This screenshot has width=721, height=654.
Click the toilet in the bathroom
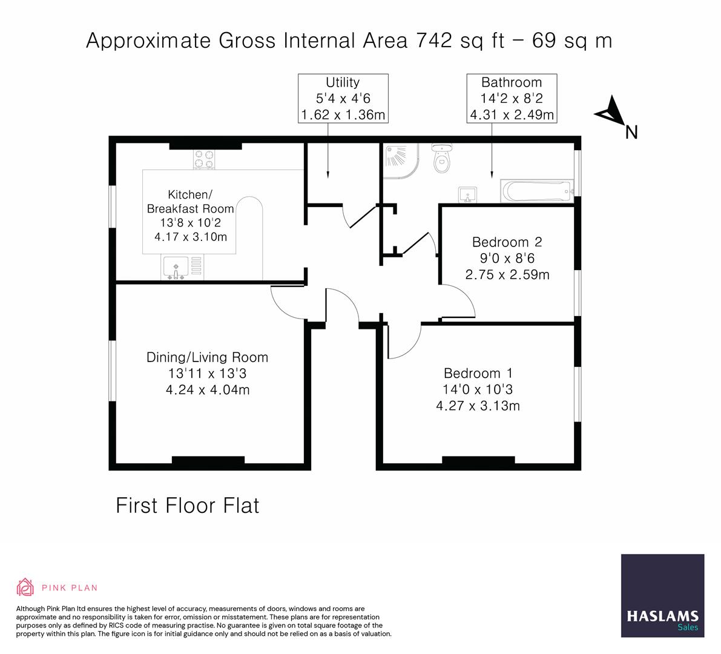[x=441, y=159]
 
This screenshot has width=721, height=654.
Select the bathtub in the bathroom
[x=536, y=192]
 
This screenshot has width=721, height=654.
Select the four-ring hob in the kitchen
[x=204, y=159]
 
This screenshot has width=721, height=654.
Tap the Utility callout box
[x=343, y=99]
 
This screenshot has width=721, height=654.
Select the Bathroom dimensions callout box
[x=512, y=99]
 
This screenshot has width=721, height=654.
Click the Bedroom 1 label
[x=478, y=373]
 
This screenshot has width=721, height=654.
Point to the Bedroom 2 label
[x=507, y=242]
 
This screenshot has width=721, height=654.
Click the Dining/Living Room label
[x=207, y=357]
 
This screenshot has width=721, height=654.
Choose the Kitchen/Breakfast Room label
[x=190, y=202]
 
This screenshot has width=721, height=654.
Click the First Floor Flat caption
[x=187, y=505]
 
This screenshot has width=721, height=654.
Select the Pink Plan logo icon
[x=25, y=587]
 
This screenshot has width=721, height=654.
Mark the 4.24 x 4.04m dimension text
[x=207, y=390]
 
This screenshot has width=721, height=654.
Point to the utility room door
[x=360, y=216]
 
